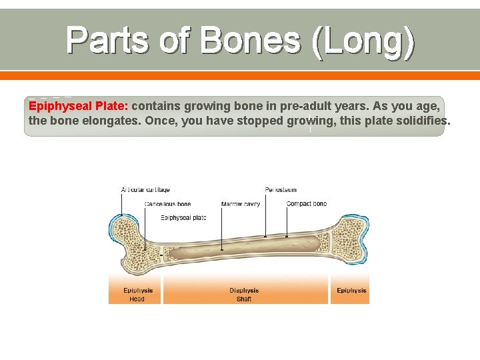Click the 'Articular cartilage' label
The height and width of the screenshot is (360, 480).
tap(145, 190)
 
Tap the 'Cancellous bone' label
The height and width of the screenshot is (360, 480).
tap(167, 204)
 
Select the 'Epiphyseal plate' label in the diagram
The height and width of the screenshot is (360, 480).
tap(183, 217)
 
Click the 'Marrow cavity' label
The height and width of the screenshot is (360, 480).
tap(241, 204)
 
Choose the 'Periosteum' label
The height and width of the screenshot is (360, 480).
tap(281, 190)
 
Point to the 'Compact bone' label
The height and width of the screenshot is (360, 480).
tap(307, 204)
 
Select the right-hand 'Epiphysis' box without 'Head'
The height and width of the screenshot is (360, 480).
tap(350, 291)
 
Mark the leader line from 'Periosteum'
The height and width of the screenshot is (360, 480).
tap(265, 213)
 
